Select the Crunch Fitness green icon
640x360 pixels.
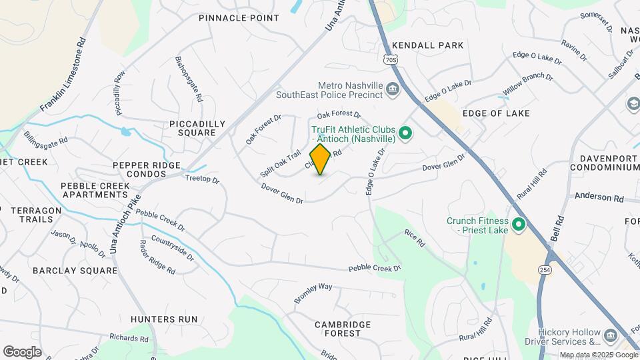(518, 225)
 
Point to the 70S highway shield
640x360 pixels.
(391, 60)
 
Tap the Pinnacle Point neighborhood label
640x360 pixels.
(239, 18)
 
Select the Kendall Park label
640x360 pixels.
(427, 45)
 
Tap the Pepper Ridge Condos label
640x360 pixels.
(147, 169)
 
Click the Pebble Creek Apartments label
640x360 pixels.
(94, 190)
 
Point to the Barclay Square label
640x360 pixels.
(66, 271)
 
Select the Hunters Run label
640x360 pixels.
(164, 319)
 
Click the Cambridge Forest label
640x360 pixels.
(343, 329)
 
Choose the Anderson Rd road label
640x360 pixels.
(599, 198)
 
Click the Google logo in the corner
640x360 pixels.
(22, 351)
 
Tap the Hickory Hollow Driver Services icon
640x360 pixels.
(610, 334)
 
